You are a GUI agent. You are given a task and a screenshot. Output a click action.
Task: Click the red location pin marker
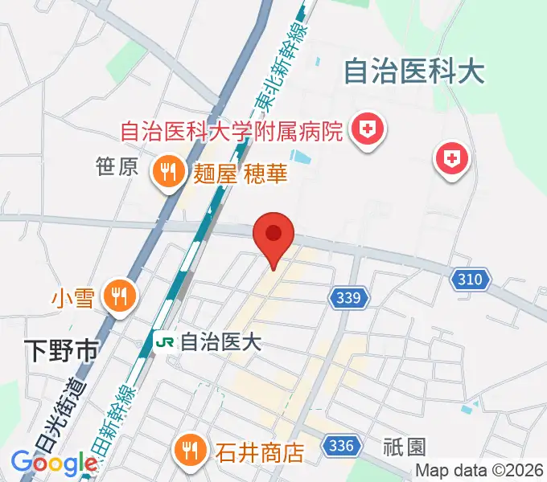pos(273,235)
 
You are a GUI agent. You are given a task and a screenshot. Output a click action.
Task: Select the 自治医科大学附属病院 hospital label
pos(232,129)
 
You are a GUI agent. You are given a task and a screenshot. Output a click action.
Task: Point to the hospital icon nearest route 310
pos(451,158)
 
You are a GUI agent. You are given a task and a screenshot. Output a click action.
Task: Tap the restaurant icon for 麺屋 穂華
pos(168,172)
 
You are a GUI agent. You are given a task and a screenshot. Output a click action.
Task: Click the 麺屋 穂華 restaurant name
pos(240,173)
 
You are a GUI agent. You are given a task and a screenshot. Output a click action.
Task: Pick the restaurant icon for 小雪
pos(118,296)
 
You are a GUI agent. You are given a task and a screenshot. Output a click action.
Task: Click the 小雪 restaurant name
pos(74,299)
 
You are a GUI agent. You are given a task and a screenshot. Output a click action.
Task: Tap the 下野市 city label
pos(60,350)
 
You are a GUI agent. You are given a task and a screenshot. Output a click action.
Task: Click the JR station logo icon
pos(165,342)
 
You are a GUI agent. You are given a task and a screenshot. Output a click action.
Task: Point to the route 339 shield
pos(350,299)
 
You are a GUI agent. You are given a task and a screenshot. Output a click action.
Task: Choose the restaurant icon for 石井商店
pos(189,451)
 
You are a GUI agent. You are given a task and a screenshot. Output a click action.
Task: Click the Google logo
pos(54,462)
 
